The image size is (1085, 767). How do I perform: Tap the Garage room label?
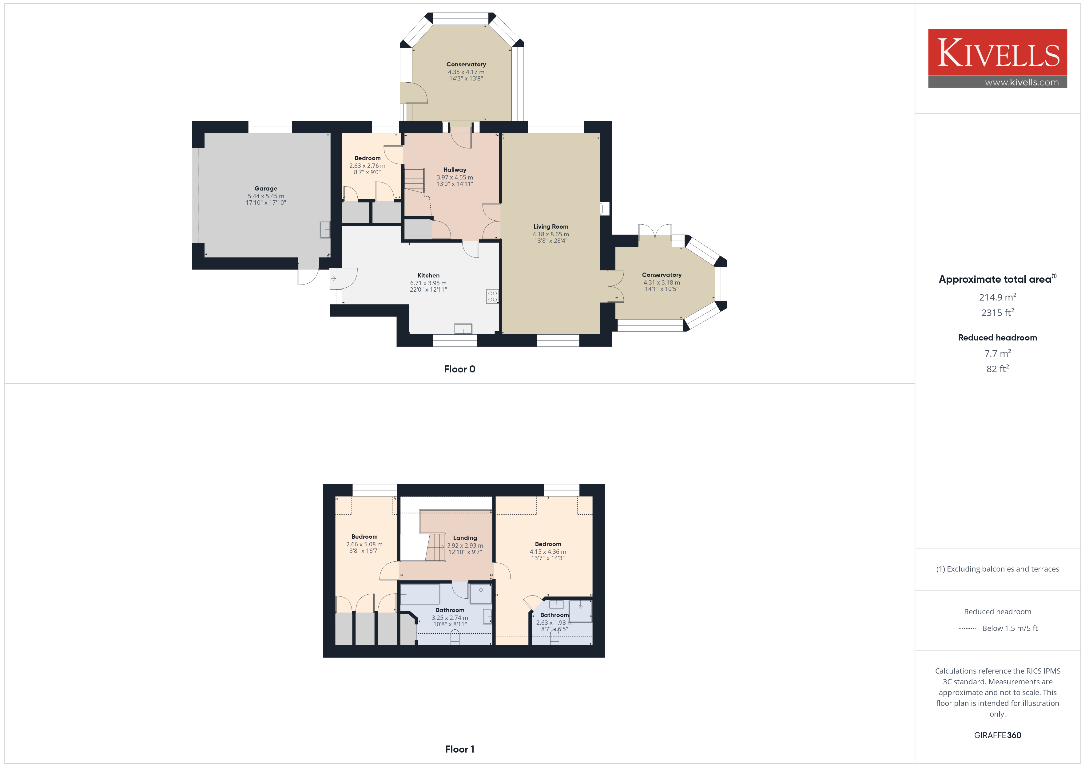pos(266,188)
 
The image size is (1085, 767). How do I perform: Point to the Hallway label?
pos(455,170)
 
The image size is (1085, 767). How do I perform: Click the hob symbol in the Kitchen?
pos(492,296)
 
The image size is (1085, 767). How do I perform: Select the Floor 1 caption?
pos(459,749)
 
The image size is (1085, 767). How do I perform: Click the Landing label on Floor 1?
pos(465,538)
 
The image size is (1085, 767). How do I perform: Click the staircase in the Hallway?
pos(415,180)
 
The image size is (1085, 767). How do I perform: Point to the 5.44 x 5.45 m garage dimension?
pos(266,196)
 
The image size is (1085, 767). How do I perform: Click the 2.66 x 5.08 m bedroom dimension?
pos(364,545)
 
